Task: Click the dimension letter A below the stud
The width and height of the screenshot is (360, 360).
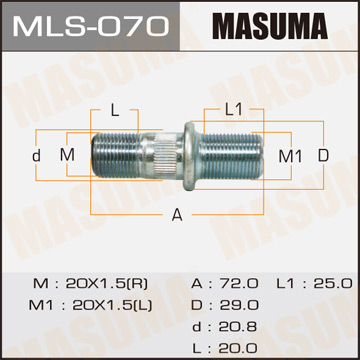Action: coord(178,215)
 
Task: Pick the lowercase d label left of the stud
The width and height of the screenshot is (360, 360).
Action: coord(37,155)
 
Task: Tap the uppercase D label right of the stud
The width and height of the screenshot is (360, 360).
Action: coord(322,155)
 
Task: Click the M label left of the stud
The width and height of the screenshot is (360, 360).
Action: coord(67,155)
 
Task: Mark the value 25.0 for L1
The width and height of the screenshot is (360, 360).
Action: coord(324,284)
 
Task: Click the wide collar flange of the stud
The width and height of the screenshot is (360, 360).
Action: coord(183,155)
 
